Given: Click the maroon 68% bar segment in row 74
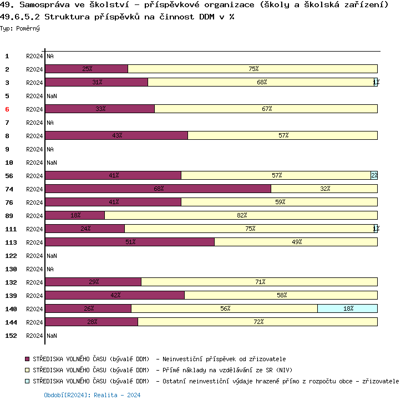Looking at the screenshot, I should click(158, 189).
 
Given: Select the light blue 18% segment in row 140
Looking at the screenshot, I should click(347, 308).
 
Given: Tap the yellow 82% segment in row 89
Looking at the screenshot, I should click(241, 215).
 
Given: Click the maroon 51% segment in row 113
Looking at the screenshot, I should click(130, 242).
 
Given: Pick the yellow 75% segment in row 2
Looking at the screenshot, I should click(253, 69).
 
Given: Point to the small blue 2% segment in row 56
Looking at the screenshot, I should click(374, 175).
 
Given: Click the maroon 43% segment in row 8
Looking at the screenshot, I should click(116, 135).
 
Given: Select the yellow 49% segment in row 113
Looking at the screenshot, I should click(296, 242).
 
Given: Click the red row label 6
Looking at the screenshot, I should click(7, 109).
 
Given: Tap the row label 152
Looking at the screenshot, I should click(11, 336).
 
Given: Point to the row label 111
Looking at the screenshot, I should click(11, 229).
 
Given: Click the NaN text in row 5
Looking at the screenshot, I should click(52, 96).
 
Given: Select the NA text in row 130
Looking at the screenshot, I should click(50, 269).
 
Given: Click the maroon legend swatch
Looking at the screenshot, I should click(27, 360).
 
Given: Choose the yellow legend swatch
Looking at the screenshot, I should click(27, 371).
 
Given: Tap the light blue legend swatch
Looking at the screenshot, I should click(27, 382).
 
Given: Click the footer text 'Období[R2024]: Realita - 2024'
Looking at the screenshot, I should click(92, 396).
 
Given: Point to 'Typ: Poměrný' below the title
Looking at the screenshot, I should click(20, 28).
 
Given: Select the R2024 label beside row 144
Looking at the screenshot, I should click(34, 322).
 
